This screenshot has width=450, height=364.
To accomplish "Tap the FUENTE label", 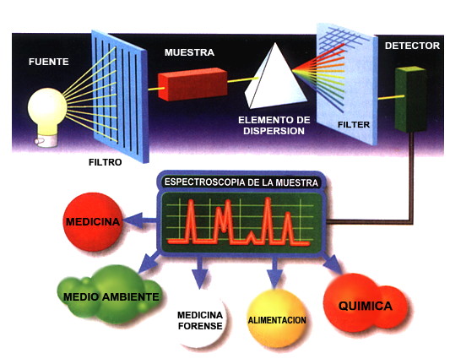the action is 49,62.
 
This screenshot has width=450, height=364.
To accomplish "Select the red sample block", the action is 192,84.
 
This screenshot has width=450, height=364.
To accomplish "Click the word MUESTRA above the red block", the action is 189,52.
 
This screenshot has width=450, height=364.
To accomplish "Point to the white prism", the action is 274,79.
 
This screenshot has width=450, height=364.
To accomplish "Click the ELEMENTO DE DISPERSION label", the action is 274,126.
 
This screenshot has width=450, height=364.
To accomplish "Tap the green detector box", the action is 410,99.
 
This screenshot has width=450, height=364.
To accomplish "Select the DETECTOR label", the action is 412,46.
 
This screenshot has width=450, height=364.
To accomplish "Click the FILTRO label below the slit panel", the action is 106,162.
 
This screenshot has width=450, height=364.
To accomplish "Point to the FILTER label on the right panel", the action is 354,125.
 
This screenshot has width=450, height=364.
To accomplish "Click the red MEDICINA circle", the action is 93,221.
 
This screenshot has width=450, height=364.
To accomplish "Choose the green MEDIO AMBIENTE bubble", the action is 111,295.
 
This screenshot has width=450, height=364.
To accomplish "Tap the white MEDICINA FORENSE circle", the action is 200,320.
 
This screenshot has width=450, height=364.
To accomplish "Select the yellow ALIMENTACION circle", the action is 277,318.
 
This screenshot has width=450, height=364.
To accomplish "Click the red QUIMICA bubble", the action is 365,305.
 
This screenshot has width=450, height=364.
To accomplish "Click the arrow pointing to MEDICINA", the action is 141,220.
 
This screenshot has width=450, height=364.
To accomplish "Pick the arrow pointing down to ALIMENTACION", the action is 274,272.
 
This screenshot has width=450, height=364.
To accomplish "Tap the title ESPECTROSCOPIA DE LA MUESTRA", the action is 241,183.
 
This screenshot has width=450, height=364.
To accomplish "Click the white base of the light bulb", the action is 46,141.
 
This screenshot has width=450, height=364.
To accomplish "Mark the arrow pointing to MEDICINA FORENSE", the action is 200,272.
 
